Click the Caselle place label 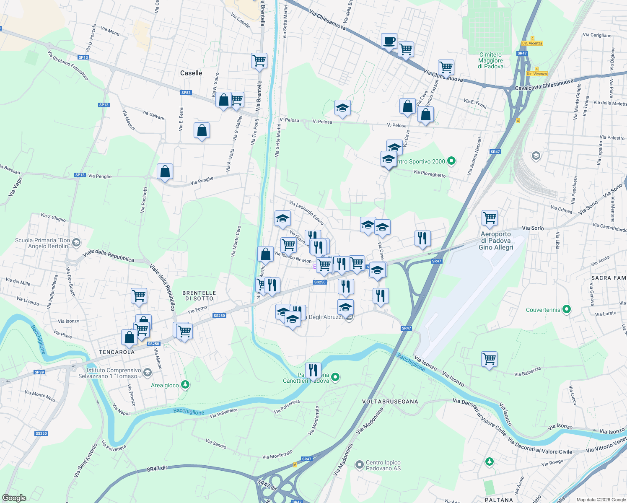click(191, 73)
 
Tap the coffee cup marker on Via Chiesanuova click(389, 41)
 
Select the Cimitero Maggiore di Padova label click(490, 60)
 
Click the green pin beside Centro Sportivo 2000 click(451, 161)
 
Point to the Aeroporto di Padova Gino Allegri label click(496, 241)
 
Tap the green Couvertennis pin click(567, 310)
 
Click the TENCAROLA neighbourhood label click(117, 352)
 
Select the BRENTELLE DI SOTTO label click(199, 296)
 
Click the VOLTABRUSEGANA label click(390, 402)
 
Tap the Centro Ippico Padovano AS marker click(359, 464)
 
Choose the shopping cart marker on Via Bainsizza click(489, 359)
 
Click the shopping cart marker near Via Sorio click(490, 218)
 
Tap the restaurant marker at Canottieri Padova click(313, 371)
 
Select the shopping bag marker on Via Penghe click(165, 171)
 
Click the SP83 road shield click(186, 93)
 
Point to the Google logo click(14, 498)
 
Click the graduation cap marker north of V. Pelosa click(342, 108)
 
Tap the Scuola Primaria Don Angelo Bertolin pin click(76, 242)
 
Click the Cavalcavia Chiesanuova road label click(544, 86)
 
